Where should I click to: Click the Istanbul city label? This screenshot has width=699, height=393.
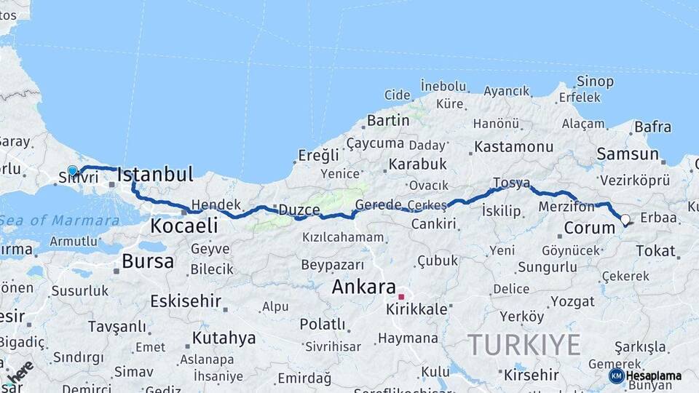point(155,175)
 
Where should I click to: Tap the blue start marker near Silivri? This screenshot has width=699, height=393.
point(73,172)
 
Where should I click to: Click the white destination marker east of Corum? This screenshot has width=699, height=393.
point(625,219)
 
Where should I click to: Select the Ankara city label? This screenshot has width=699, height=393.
point(363,287)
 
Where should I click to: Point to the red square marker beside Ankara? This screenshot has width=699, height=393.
point(400,297)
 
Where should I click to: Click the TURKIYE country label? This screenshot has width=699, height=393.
point(524,344)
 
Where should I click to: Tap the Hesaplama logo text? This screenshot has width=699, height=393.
point(654,376)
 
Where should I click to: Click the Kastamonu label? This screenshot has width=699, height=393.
point(513,147)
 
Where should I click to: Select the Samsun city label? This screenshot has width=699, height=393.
point(628,154)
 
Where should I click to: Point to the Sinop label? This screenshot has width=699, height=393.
point(595,82)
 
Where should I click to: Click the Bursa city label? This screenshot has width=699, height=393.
point(148,261)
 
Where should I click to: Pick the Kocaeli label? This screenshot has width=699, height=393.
point(183,226)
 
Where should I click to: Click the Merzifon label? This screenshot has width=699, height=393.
point(566,207)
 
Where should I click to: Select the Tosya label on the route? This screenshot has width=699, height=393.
point(511,183)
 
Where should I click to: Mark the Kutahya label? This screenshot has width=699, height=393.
point(224,338)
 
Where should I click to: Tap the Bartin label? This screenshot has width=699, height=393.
point(388,120)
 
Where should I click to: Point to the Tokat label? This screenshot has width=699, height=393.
point(656,250)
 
